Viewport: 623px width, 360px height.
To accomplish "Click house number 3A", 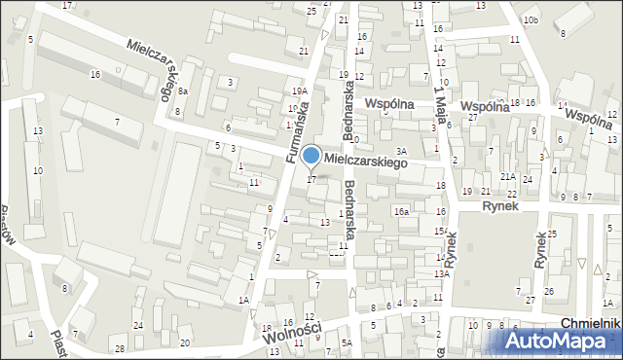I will pos(400,151).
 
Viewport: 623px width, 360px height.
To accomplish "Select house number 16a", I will pos(401,211).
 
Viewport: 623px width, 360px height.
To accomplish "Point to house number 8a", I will pos(182,90).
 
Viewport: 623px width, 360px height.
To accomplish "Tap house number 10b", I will pos(530,19).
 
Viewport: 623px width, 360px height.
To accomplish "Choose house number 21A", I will pos(507,177).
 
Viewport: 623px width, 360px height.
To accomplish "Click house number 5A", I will pos(346,342).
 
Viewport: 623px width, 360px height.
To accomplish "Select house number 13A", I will pos(441,274).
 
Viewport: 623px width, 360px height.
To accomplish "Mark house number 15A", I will pos(441,231).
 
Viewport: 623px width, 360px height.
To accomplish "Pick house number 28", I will pos(119,348).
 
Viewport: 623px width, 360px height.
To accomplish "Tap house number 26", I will pos(549,292).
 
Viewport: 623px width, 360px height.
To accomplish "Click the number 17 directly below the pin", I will pos(311,179).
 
